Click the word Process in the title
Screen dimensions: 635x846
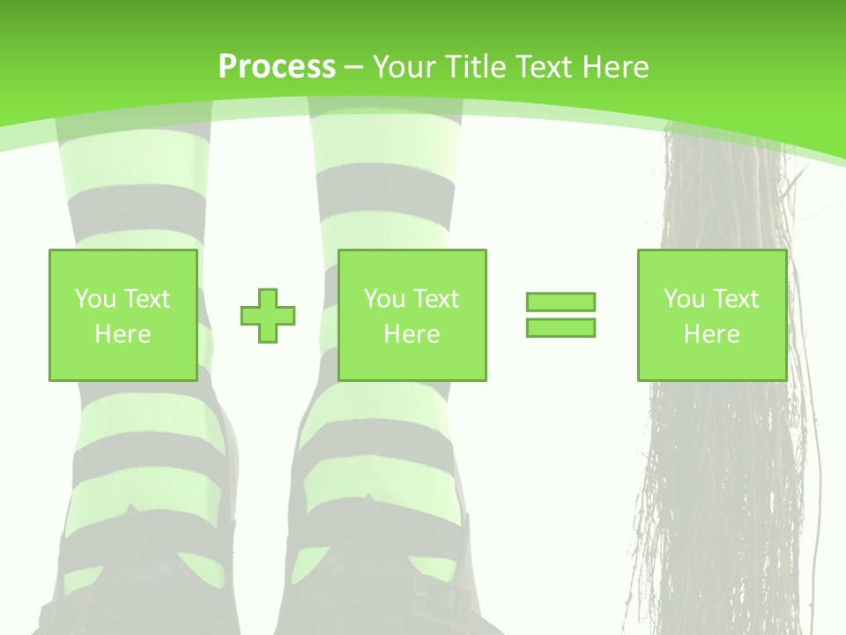click(277, 67)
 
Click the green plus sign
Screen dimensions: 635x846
click(268, 316)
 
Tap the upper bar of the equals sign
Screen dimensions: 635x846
click(560, 303)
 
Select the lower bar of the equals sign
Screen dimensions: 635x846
click(560, 327)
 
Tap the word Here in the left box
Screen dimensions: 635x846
click(122, 334)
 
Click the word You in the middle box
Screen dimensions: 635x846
click(384, 299)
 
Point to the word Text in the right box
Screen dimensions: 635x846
click(736, 299)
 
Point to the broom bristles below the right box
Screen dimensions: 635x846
click(723, 494)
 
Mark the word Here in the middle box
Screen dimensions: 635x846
click(412, 334)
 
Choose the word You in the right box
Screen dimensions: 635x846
click(684, 299)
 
